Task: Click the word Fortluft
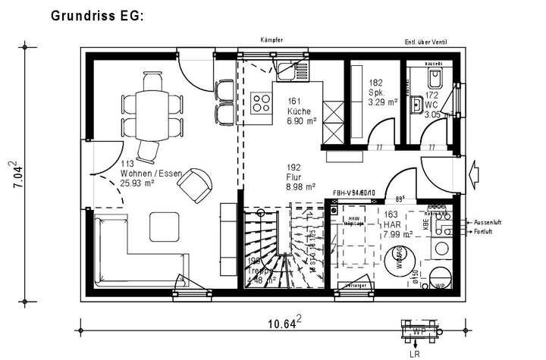[x=487, y=232]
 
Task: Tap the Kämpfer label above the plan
[x=271, y=39]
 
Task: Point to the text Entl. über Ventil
[x=430, y=41]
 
